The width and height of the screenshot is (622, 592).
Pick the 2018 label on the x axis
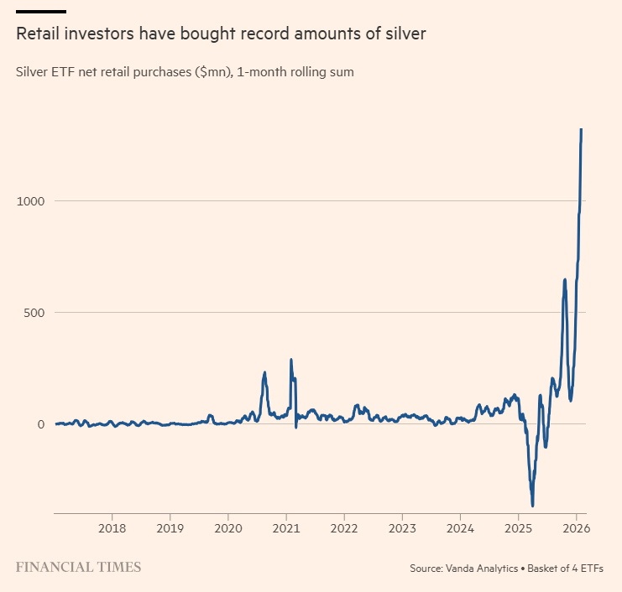[x=112, y=529]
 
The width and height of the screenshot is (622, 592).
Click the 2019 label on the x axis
[x=170, y=529]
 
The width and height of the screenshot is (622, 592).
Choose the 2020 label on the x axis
[x=227, y=529]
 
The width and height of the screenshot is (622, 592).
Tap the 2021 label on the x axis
[x=286, y=529]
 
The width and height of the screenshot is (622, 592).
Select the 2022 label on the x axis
[x=344, y=529]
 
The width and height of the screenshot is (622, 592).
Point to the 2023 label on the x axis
[x=402, y=529]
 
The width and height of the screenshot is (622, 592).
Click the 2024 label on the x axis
[x=460, y=529]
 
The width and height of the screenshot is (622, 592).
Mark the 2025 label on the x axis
[x=519, y=529]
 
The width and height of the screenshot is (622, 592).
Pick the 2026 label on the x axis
[x=575, y=529]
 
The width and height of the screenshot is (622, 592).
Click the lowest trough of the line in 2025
[x=533, y=506]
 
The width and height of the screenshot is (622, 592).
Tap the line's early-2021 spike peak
[x=291, y=360]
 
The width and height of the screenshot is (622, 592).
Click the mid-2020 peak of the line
[x=264, y=372]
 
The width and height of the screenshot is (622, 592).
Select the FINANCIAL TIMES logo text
[x=78, y=567]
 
